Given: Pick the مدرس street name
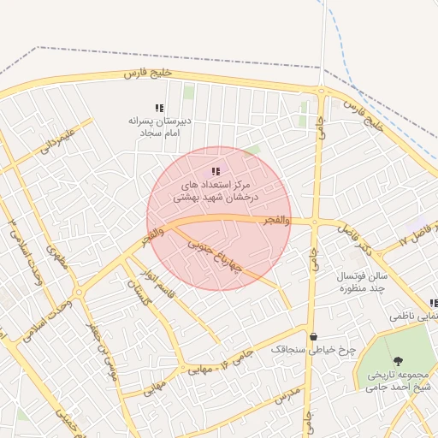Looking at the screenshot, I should pos(285,395).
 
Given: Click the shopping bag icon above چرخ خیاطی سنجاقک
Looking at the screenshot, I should pos(313,336).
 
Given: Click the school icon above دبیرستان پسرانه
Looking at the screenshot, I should pos(158,108).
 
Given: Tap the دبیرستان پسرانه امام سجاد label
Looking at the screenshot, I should pos(158,127).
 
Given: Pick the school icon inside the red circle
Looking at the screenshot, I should pos(216,172).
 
